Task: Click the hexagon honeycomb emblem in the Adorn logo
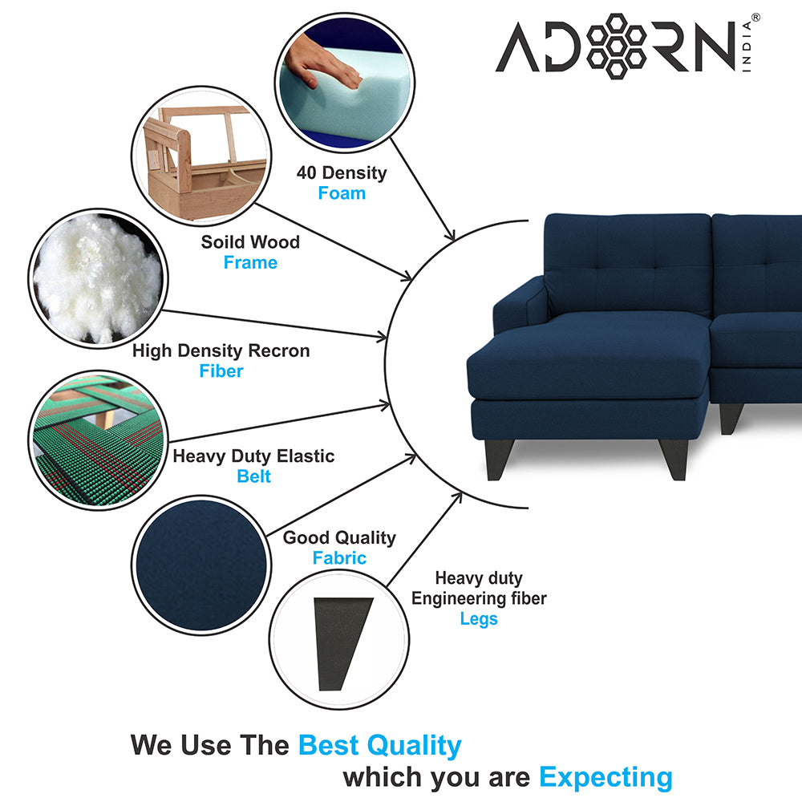[x=616, y=46]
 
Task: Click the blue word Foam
[x=342, y=193]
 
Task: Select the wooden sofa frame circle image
[x=201, y=156]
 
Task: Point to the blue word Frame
[x=250, y=262]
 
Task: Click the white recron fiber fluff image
[x=98, y=279]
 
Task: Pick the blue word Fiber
[x=221, y=371]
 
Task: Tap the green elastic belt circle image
[x=98, y=439]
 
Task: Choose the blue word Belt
[x=253, y=476]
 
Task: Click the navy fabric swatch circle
[x=201, y=565]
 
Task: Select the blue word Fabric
[x=339, y=557]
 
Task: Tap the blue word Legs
[x=479, y=619]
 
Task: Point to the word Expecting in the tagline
[x=606, y=778]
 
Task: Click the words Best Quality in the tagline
[x=379, y=745]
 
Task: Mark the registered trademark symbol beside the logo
[x=755, y=18]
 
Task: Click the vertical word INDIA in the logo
[x=747, y=46]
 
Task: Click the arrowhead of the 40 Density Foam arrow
[x=450, y=235]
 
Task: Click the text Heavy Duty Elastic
[x=253, y=456]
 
